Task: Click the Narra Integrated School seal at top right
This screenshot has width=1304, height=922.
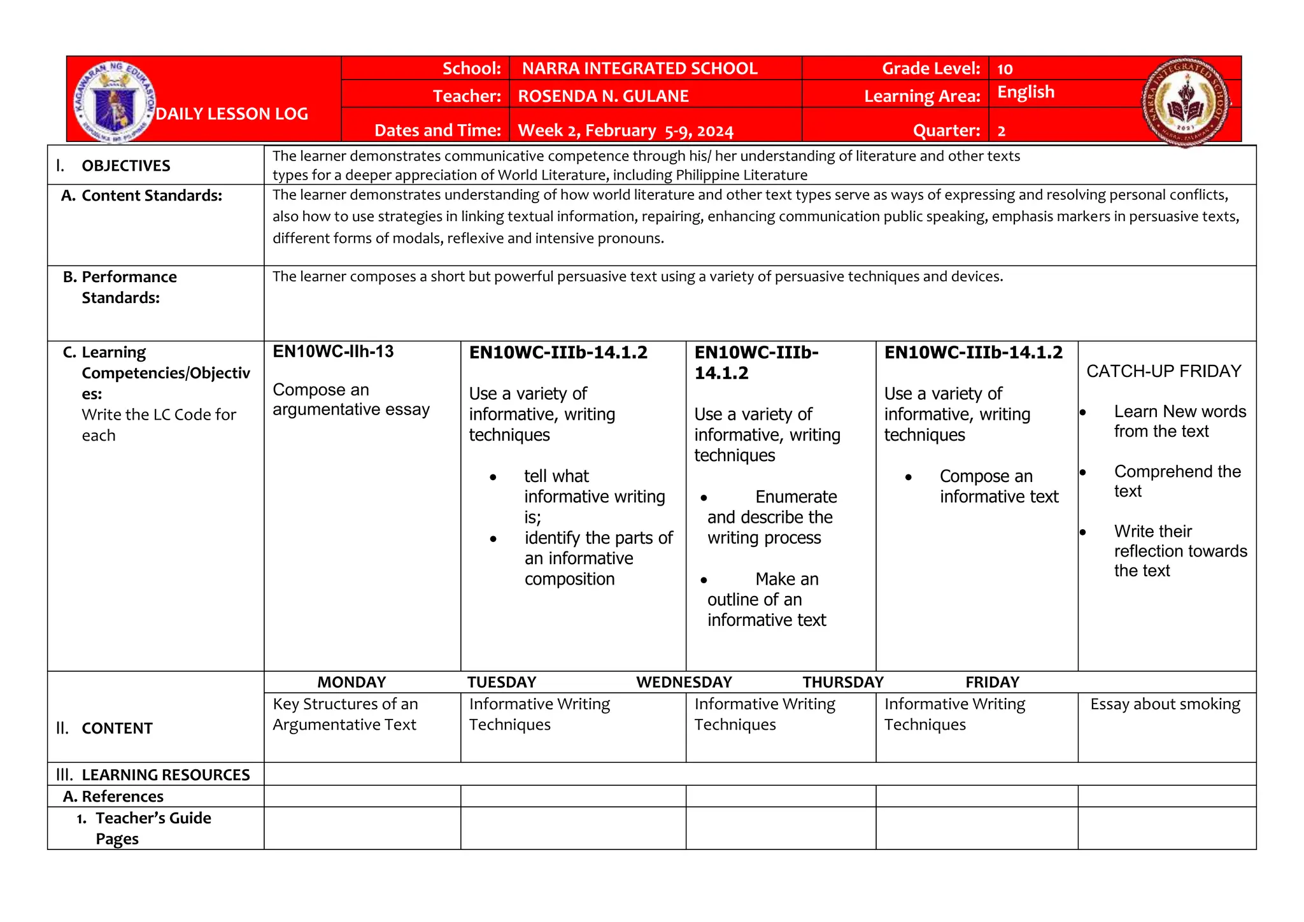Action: pyautogui.click(x=1186, y=102)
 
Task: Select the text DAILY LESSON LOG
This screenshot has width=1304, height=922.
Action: pyautogui.click(x=232, y=114)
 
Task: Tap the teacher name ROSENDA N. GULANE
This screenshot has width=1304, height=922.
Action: pyautogui.click(x=603, y=96)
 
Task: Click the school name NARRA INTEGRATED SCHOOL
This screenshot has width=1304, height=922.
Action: pyautogui.click(x=639, y=69)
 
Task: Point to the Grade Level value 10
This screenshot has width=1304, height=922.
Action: pyautogui.click(x=1005, y=69)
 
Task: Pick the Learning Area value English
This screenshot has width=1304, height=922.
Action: pyautogui.click(x=1025, y=92)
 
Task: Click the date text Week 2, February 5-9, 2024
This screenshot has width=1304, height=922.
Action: pyautogui.click(x=625, y=131)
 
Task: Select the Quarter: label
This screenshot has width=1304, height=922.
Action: pyautogui.click(x=946, y=131)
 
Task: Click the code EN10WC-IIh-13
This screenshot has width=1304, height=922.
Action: pyautogui.click(x=333, y=351)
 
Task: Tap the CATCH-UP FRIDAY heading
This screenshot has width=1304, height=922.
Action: pyautogui.click(x=1163, y=371)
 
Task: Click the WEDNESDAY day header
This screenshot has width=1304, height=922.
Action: pyautogui.click(x=684, y=682)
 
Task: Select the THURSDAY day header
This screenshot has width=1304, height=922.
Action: pyautogui.click(x=842, y=682)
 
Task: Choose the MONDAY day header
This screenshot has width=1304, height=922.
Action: pyautogui.click(x=351, y=682)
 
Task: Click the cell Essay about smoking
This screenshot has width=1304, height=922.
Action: pyautogui.click(x=1165, y=704)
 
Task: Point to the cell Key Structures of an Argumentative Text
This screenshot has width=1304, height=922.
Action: pyautogui.click(x=345, y=714)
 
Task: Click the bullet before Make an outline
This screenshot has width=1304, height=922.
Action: pyautogui.click(x=704, y=580)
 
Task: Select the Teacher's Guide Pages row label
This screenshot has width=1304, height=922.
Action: pyautogui.click(x=153, y=828)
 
